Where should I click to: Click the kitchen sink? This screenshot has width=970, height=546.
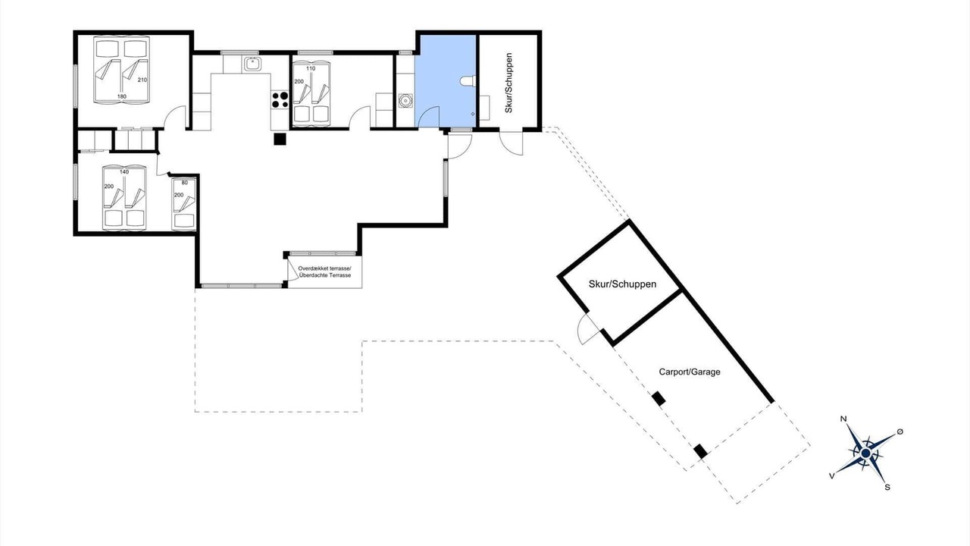(x=252, y=64)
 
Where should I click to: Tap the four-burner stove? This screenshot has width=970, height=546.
(x=280, y=99)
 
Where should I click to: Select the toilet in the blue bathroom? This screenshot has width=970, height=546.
(x=468, y=81)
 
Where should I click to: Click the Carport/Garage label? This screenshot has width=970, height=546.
(x=690, y=372)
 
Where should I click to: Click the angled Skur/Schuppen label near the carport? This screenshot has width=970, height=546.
(x=622, y=284)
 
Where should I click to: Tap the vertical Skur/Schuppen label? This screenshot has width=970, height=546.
(x=508, y=83)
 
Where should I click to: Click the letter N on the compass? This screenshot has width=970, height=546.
(x=843, y=419)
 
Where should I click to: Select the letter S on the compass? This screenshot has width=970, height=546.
(x=887, y=487)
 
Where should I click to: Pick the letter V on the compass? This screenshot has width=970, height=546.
(x=831, y=475)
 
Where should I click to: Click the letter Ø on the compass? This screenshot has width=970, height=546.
(x=900, y=431)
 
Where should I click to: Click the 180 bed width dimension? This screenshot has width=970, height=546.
(x=122, y=96)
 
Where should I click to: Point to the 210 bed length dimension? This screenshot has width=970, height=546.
(x=142, y=80)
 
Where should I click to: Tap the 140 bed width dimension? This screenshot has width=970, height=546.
(x=124, y=172)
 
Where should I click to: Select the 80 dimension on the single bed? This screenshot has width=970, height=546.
(x=184, y=183)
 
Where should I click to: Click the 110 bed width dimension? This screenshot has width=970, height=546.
(x=311, y=68)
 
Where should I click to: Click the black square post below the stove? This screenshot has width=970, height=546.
(x=280, y=139)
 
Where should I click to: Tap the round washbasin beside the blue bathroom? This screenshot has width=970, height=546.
(x=405, y=101)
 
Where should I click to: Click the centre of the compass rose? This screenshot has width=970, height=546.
(x=865, y=453)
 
